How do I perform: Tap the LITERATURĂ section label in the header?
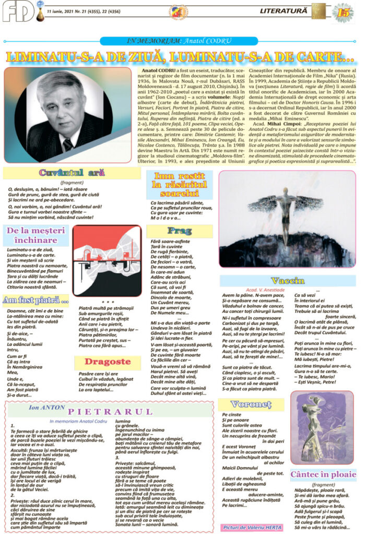302,9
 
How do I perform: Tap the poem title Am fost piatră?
36,300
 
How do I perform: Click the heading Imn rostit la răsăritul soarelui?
179,184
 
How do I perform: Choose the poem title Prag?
179,230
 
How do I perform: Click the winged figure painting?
287,219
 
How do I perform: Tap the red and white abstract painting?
107,261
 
